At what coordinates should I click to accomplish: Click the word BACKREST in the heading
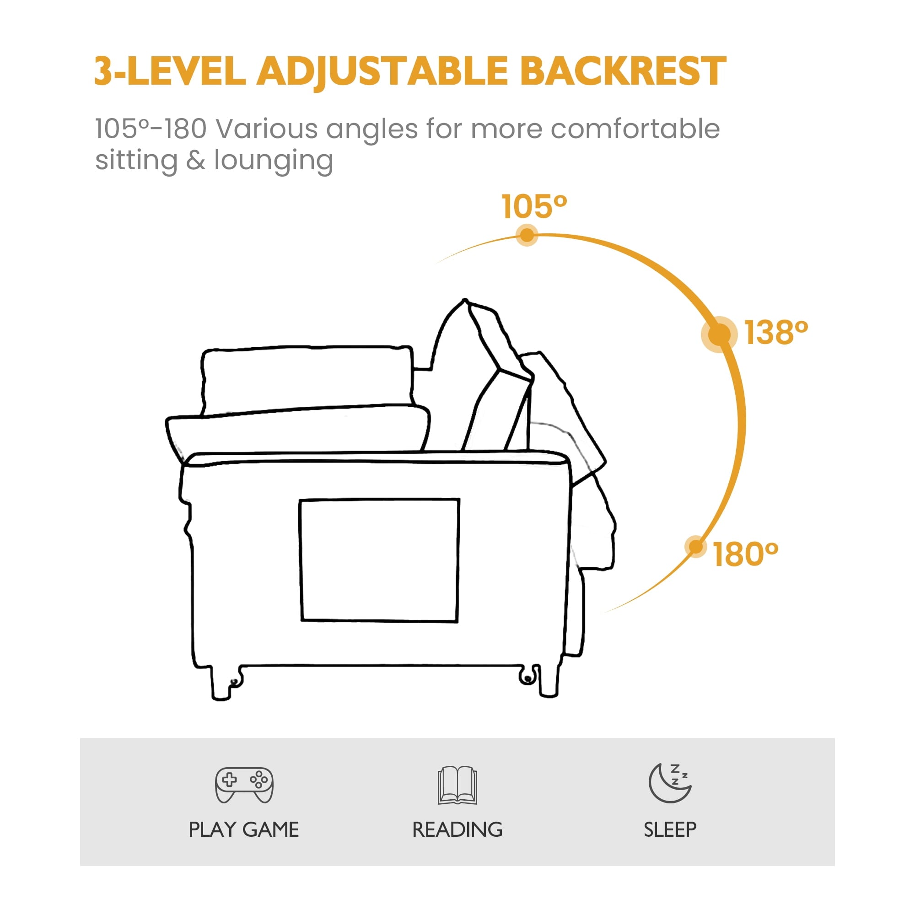coord(623,71)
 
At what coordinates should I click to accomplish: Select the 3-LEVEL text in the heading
coord(170,71)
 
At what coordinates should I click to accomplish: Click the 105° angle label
coord(534,207)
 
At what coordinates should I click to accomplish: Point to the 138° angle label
coord(776,333)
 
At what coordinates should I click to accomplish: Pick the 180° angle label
coord(745,554)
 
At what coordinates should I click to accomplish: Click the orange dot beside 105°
coord(527,235)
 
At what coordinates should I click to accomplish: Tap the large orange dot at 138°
coord(719,334)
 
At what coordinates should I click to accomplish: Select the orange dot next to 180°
coord(696,547)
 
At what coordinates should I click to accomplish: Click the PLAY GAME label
coord(244,830)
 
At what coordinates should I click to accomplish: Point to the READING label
coord(457,830)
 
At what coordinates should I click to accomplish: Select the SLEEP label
coord(670,830)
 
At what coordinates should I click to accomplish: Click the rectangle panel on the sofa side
coord(380,560)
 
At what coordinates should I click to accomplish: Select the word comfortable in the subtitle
coord(635,129)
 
